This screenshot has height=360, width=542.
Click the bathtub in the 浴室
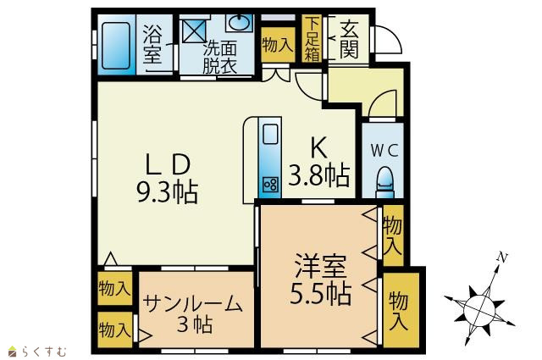click(116, 46)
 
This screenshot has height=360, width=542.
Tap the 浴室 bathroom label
click(152, 44)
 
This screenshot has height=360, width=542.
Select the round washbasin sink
click(239, 23)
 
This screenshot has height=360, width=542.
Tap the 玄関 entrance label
click(349, 40)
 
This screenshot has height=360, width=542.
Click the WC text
click(384, 150)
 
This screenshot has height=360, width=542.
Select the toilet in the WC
click(385, 182)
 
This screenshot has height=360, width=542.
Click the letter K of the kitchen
click(318, 148)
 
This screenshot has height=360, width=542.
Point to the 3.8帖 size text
click(318, 175)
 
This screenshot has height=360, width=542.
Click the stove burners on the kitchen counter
click(270, 185)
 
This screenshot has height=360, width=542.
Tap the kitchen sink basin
click(271, 134)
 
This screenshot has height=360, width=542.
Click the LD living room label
click(168, 164)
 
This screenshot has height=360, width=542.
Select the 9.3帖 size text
click(168, 192)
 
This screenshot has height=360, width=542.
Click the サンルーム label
click(192, 304)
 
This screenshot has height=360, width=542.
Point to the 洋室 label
click(320, 266)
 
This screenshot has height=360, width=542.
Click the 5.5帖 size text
click(320, 294)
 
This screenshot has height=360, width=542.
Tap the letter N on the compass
click(502, 258)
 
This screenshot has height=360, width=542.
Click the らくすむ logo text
click(44, 352)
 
